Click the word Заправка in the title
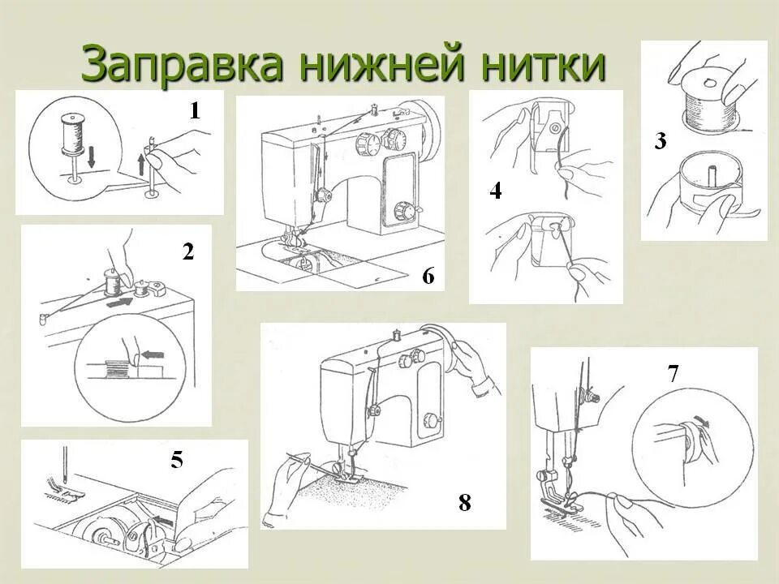pos(183,65)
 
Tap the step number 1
pos(195,111)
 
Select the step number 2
pos(188,252)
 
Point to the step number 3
pos(661,141)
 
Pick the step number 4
pos(496,191)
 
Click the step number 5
pos(177,461)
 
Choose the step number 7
pos(673,374)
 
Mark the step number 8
pos(464,503)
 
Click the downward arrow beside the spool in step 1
pos(91,157)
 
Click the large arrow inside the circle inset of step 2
pos(151,354)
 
